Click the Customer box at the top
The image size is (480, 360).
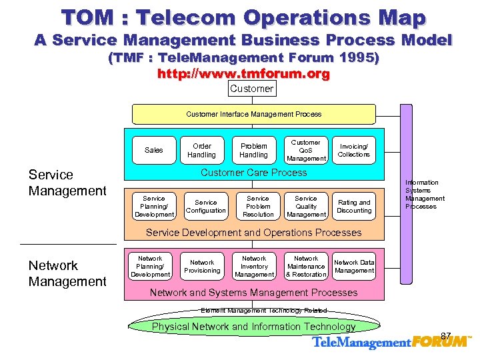click(x=251, y=89)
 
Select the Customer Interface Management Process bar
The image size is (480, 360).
click(x=253, y=114)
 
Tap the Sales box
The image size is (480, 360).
click(x=153, y=151)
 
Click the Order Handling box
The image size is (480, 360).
click(x=201, y=151)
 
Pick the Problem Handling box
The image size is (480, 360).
click(x=253, y=151)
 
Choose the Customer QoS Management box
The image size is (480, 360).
click(x=306, y=151)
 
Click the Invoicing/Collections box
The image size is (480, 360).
click(x=353, y=151)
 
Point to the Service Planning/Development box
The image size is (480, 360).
click(x=154, y=207)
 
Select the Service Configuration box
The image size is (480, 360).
click(x=205, y=207)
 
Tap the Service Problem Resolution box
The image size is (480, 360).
click(x=258, y=207)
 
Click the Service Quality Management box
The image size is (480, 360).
click(x=306, y=207)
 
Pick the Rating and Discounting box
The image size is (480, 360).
click(x=353, y=207)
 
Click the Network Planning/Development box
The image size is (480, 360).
click(x=150, y=267)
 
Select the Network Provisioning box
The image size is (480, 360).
click(x=202, y=267)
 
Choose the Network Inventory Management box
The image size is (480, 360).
click(x=254, y=267)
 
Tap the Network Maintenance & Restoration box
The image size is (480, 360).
click(x=306, y=267)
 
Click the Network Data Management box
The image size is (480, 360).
click(x=354, y=267)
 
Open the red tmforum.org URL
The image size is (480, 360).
click(x=243, y=74)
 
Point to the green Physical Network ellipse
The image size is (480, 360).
click(x=253, y=327)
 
